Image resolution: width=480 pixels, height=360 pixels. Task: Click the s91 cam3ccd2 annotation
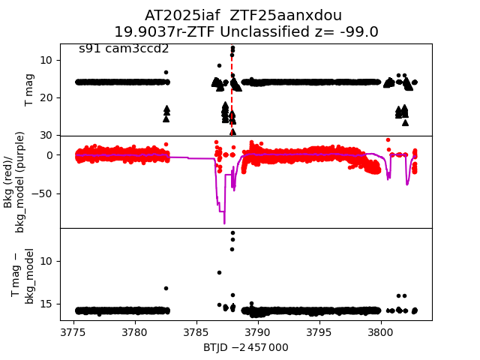[x=124, y=49]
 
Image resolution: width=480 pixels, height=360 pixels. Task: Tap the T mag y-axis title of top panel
[x=30, y=90]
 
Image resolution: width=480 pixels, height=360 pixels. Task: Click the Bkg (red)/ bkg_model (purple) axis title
[x=14, y=181]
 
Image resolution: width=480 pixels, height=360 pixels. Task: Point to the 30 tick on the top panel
[x=45, y=135]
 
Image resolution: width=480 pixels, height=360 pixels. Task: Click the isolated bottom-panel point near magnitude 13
[x=166, y=288]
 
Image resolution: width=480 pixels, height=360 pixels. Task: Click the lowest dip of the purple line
[x=223, y=222]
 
